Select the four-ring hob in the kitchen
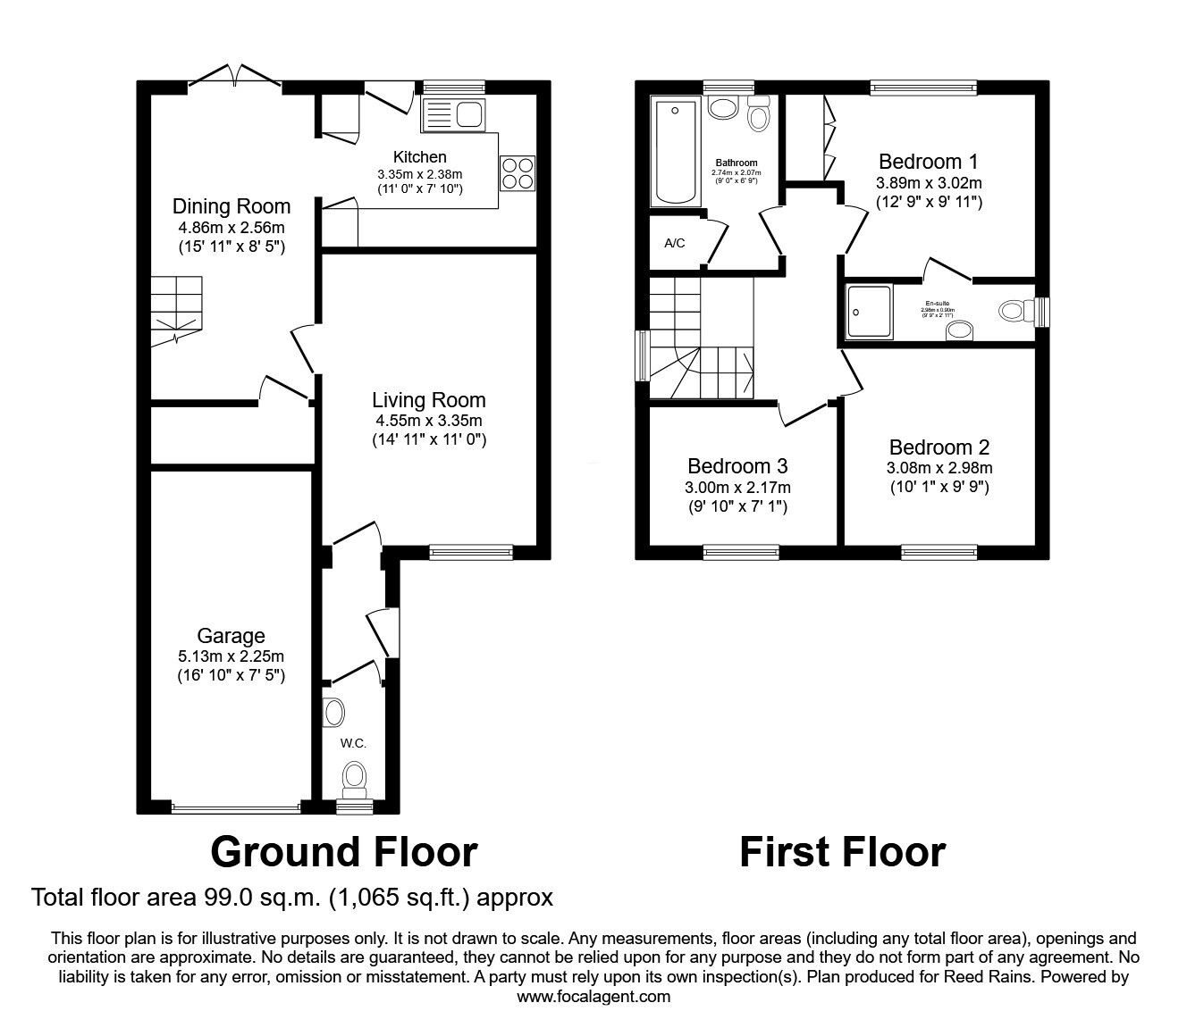coord(518,172)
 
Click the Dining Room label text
coord(232,207)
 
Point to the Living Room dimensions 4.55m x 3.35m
coord(429,421)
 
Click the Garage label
coord(232,636)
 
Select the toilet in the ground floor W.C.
coord(355,779)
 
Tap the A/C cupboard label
coord(674,243)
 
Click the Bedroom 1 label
coord(928,162)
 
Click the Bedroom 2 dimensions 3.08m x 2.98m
coord(939,468)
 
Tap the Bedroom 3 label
coord(737,466)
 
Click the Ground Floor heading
coord(343,852)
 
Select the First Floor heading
coord(842,852)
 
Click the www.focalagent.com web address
coord(593,997)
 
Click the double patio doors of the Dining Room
coord(235,79)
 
